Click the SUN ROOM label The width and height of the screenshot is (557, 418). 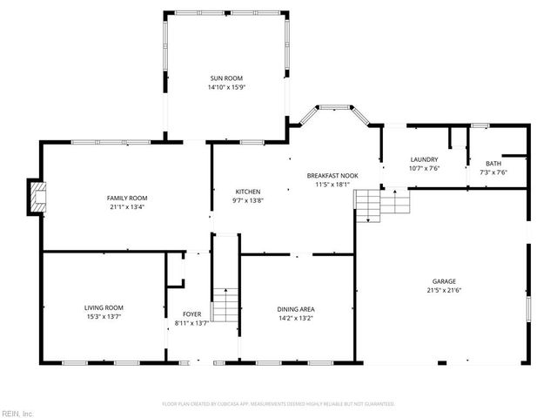click(225, 78)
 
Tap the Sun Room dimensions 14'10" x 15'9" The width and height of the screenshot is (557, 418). click(225, 87)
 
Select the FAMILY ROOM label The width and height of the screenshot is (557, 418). click(126, 198)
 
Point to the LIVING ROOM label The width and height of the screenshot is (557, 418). click(104, 307)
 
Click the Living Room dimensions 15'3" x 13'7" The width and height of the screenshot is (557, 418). click(104, 317)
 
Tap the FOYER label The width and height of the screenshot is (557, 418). click(191, 313)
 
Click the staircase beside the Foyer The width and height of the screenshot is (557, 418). click(225, 305)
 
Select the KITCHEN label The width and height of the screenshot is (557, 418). click(248, 192)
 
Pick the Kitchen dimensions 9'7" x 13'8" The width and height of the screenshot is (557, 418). click(248, 201)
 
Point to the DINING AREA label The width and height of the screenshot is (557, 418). click(296, 309)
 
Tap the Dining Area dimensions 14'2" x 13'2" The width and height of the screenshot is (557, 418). click(296, 319)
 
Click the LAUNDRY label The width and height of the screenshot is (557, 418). click(424, 159)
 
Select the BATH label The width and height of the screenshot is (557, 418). click(493, 163)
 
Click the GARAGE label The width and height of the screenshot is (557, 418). click(445, 280)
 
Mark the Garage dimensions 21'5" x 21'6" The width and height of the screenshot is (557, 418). click(445, 290)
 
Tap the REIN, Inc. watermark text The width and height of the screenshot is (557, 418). click(17, 413)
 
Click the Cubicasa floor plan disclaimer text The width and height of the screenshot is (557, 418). click(278, 404)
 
